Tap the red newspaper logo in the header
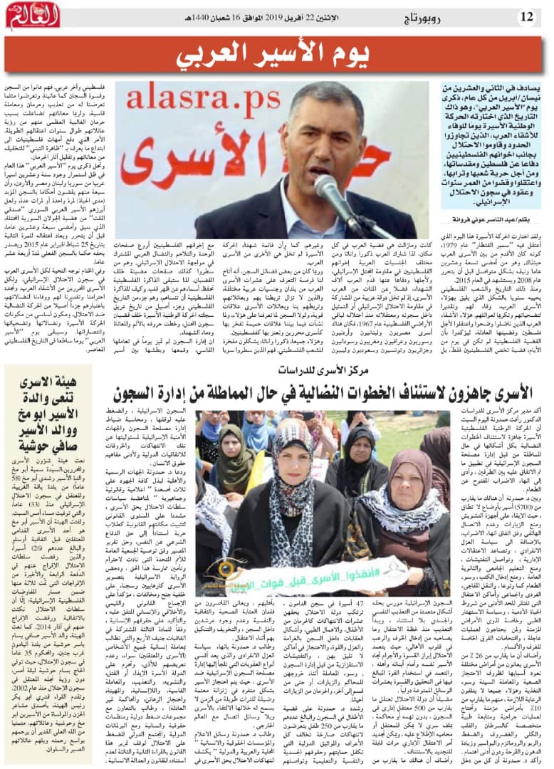pos(33,15)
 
